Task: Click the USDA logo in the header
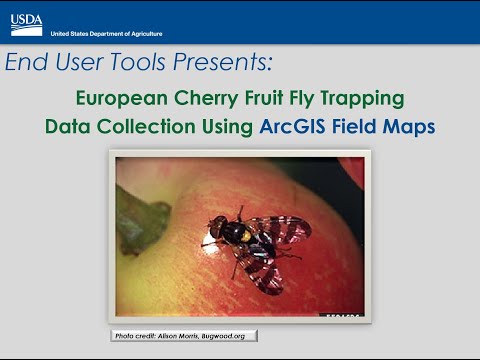[26, 21]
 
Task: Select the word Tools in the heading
[136, 64]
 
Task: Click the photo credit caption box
[184, 335]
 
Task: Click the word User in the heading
[76, 64]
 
